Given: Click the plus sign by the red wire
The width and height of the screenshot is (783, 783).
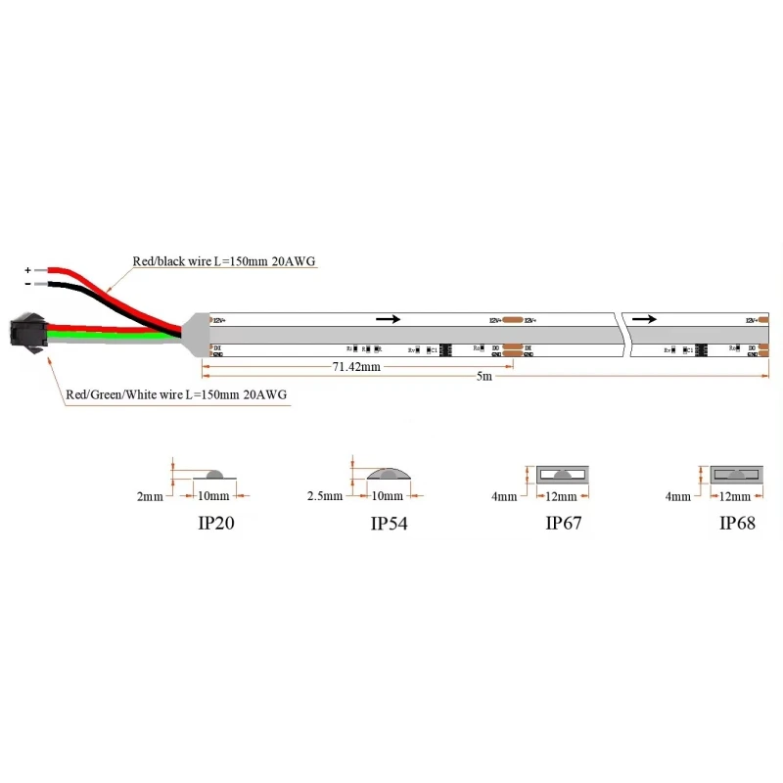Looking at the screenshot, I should click(27, 268).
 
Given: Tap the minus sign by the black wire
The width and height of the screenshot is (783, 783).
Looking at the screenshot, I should click(27, 284).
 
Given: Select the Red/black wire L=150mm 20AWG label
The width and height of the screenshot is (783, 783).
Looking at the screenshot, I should click(224, 261).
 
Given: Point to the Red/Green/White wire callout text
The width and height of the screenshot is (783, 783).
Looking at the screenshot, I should click(177, 395).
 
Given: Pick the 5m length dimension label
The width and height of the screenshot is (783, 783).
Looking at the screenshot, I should click(484, 377).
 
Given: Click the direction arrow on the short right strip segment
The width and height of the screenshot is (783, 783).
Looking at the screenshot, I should click(645, 319).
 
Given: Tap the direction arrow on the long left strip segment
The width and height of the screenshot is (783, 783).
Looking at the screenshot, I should click(389, 319).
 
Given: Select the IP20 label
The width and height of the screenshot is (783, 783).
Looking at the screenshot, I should click(216, 523).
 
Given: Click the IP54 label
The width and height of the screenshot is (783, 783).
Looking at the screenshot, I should click(389, 524).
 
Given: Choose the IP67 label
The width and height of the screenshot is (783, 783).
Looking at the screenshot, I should click(563, 523).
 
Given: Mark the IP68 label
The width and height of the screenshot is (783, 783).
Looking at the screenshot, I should click(737, 523).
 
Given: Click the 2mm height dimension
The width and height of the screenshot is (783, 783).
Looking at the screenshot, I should click(150, 497).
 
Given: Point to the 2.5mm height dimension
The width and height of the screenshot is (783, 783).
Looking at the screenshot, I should click(323, 497).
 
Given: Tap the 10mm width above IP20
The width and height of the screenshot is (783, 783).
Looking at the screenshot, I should click(213, 497).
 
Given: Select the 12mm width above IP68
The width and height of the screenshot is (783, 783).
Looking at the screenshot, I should click(736, 497).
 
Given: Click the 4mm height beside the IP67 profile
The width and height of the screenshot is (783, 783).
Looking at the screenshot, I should click(504, 497).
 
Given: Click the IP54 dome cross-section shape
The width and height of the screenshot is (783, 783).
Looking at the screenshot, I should click(389, 475).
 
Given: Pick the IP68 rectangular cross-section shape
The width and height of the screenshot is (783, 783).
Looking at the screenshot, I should click(736, 475).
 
